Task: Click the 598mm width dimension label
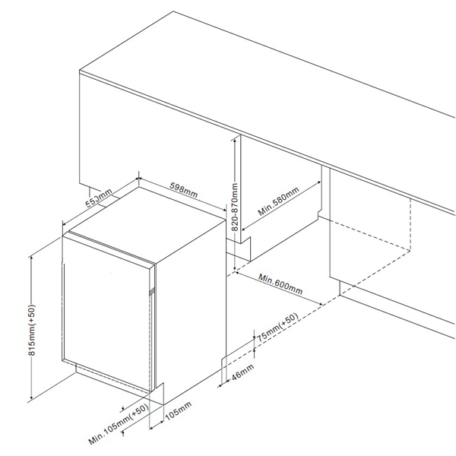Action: point(183,190)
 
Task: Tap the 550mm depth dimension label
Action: point(99,198)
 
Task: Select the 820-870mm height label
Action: point(235,207)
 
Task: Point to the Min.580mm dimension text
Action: point(278,201)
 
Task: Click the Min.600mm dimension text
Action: point(280,284)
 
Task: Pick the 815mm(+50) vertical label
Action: point(32,330)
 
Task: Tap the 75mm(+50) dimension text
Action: point(277,327)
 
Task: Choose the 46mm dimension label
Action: point(242,372)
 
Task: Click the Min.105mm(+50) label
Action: point(119,425)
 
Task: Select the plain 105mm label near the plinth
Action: point(179,411)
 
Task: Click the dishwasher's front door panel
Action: point(106,312)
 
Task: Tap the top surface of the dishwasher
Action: point(147,224)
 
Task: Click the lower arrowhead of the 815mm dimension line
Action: point(31,397)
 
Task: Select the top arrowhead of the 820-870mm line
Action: point(235,141)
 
